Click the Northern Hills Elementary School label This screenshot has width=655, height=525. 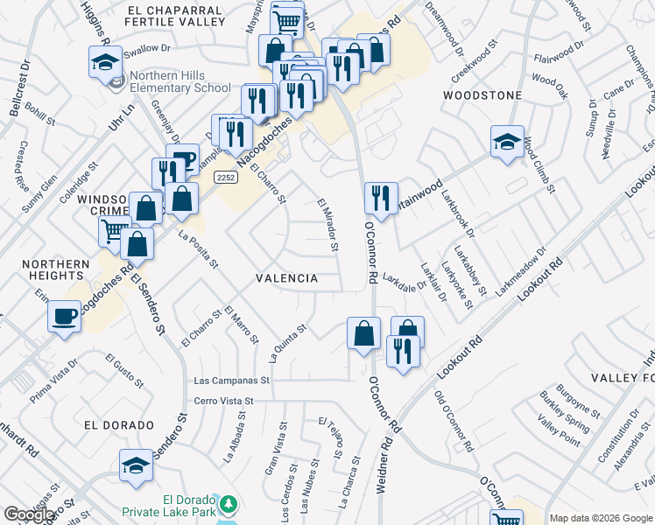coord(180,82)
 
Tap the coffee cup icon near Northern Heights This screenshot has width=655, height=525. coord(65,317)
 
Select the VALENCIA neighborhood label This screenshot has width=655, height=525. coord(286,277)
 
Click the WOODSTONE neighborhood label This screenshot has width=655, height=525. coord(482,94)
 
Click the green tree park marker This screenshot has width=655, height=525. coord(228,504)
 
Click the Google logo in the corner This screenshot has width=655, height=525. coord(29,515)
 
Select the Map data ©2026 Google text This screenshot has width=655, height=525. coord(601,517)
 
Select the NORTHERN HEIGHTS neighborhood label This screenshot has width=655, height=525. coord(56,269)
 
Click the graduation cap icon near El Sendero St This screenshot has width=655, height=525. coord(136,465)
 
